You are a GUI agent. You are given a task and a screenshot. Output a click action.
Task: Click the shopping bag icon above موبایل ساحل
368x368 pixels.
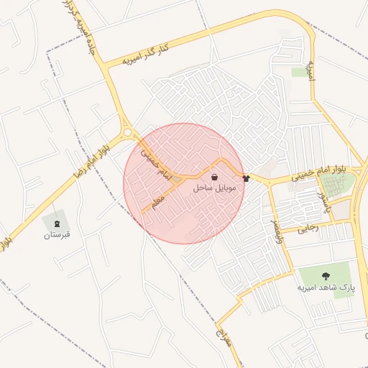click(215, 177)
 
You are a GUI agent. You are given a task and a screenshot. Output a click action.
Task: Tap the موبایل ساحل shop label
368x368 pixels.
click(213, 188)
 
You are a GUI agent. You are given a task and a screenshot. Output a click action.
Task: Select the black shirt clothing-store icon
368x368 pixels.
click(246, 178)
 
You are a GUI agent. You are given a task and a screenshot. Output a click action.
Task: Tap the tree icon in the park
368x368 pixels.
click(326, 275)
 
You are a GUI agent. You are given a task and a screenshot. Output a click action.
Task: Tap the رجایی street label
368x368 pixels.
click(308, 229)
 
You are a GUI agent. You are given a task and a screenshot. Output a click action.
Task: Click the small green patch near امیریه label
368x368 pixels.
click(298, 73)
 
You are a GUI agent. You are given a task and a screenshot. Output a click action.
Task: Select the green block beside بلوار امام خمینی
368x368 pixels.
click(342, 185)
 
